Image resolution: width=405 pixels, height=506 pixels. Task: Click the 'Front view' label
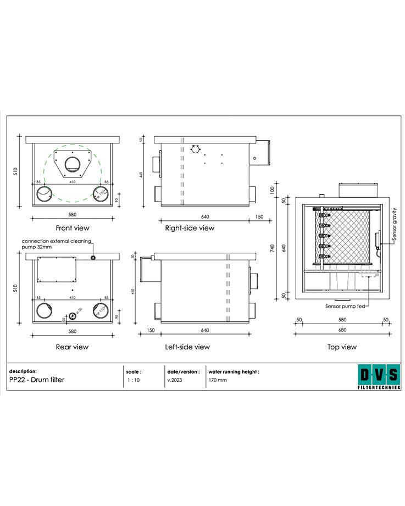[72, 227]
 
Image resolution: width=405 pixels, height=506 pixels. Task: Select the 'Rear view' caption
[72, 347]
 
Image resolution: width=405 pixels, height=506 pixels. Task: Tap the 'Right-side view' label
[190, 227]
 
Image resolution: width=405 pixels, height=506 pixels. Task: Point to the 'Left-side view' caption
[187, 347]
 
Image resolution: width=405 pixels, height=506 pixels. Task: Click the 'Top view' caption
[342, 347]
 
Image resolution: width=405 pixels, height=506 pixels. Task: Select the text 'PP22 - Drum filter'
[37, 380]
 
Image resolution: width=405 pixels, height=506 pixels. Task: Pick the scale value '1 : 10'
[133, 380]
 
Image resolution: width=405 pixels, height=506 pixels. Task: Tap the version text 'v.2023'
[174, 380]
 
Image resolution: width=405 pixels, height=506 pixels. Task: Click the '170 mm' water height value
[218, 380]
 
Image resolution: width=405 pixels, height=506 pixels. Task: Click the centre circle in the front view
[72, 164]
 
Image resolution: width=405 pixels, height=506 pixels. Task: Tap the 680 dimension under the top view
[342, 330]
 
